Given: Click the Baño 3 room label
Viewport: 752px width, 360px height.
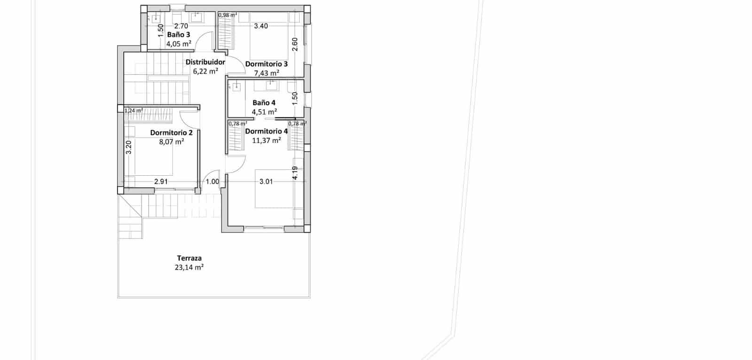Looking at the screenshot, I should pos(179,35).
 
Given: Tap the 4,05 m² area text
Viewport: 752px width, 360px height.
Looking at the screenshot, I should pos(179,44).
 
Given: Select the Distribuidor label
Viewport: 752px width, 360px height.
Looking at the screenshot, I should pos(205,62).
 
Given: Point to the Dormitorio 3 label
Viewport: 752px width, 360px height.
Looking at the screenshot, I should pos(266,64).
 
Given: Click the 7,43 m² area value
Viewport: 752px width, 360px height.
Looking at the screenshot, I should pos(266,73).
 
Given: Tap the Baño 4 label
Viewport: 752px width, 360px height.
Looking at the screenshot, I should pos(264,102).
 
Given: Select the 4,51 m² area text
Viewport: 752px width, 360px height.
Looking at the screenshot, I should pos(264,112).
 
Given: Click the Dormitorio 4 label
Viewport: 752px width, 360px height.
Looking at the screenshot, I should pos(266,131).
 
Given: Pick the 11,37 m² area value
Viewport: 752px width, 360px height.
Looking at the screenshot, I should pos(266,140).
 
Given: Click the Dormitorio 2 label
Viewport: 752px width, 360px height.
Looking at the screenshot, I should pos(171,133).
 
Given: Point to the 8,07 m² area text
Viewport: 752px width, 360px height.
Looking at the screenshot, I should pos(171,141).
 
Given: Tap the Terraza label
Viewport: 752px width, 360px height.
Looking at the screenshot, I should pos(189,258).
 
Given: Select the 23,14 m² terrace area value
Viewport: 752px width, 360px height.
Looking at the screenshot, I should pos(189,267).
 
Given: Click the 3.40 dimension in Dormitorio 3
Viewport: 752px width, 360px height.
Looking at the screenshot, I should pos(261,26).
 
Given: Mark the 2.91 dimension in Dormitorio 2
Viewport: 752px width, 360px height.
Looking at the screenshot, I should pos(161,181).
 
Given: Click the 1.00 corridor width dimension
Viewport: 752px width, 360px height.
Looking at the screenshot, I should pos(212,181).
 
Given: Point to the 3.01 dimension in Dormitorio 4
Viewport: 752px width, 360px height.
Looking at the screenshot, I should pos(266,181).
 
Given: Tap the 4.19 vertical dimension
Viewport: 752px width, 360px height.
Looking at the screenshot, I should pos(295,173).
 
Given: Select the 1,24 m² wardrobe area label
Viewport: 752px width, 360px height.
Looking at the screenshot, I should pos(133,111).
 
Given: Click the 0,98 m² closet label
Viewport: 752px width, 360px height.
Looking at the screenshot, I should pos(227,15).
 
